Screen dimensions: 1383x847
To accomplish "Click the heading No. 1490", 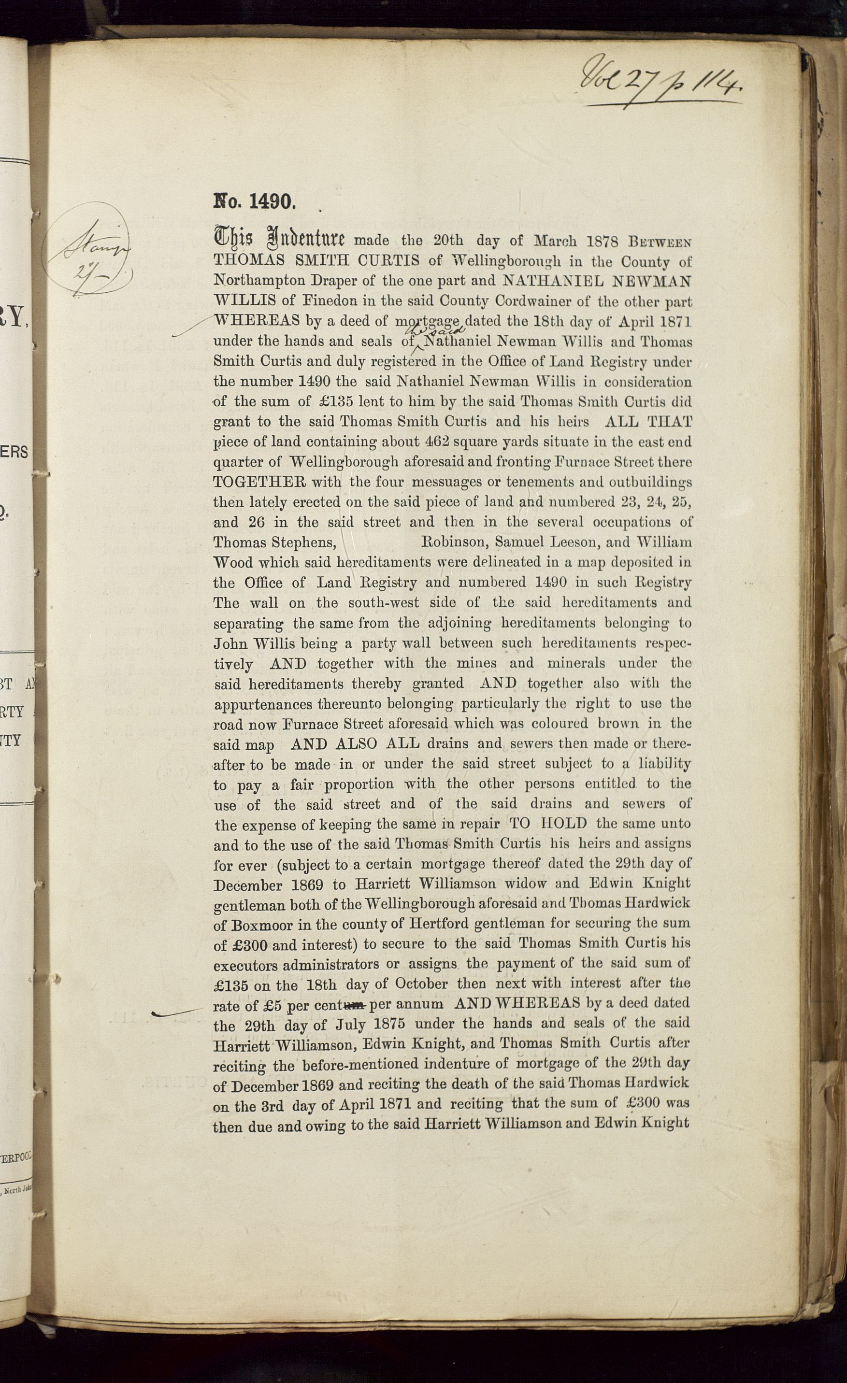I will [x=254, y=201].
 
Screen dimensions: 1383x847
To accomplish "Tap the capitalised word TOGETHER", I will [x=259, y=482].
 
